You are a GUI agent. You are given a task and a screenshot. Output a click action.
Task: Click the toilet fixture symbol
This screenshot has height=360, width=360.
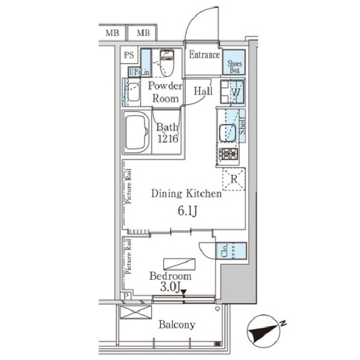click(167, 62)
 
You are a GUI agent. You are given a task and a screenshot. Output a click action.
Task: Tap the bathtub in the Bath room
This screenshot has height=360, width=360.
click(136, 133)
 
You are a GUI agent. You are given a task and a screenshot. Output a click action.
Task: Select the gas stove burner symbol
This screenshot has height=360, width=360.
click(228, 154)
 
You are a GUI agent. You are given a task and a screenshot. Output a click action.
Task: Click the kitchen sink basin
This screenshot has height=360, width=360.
click(227, 133)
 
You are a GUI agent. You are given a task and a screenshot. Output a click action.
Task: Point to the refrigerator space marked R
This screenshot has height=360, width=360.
click(234, 179)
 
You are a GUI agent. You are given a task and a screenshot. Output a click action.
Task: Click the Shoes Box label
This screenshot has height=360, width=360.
click(234, 67)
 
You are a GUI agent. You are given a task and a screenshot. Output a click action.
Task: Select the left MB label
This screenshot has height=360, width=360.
click(112, 33)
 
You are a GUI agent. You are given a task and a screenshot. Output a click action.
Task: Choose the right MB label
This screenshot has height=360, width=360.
click(143, 33)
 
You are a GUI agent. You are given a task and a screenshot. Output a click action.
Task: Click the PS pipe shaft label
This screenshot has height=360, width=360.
click(129, 55)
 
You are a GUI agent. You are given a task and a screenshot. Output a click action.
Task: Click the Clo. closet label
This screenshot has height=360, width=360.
click(224, 250)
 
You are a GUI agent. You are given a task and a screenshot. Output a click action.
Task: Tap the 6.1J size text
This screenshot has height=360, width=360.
click(187, 211)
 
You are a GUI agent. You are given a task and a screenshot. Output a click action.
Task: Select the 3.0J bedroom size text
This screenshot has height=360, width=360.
click(170, 287)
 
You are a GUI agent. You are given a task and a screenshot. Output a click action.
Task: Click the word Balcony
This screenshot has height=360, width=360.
click(177, 325)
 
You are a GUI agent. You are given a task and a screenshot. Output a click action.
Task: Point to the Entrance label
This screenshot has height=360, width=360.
click(205, 55)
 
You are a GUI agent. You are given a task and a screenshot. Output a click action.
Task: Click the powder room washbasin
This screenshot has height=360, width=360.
click(133, 92)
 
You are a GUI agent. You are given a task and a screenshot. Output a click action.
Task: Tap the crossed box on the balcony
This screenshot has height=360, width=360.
click(136, 312)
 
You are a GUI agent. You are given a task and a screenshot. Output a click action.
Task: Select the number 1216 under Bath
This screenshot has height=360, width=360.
click(168, 139)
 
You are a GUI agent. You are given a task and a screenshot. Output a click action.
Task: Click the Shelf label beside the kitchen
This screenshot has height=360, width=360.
click(242, 125)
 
